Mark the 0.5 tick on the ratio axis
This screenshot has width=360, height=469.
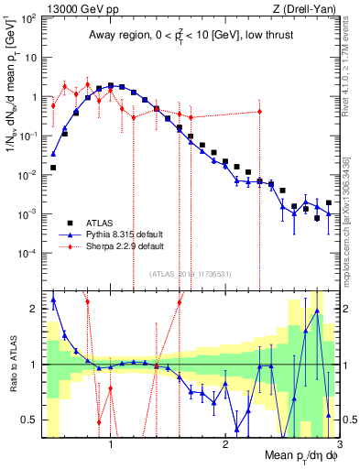pyautogui.click(x=29, y=420)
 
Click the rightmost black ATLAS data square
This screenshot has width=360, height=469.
pyautogui.click(x=328, y=203)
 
